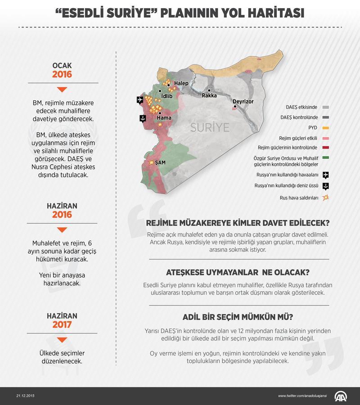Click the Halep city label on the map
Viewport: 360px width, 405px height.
tap(181, 83)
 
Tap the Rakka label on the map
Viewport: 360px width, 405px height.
tap(209, 95)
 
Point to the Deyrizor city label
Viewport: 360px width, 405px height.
tap(243, 102)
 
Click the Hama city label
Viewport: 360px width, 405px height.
tap(164, 118)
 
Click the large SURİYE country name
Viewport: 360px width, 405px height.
tap(210, 126)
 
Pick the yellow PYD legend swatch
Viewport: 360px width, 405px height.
tap(325, 127)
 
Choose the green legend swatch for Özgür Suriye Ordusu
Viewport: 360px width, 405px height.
tap(325, 157)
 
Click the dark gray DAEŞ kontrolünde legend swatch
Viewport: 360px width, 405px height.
tap(325, 117)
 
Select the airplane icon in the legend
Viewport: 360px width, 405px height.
tap(325, 175)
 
